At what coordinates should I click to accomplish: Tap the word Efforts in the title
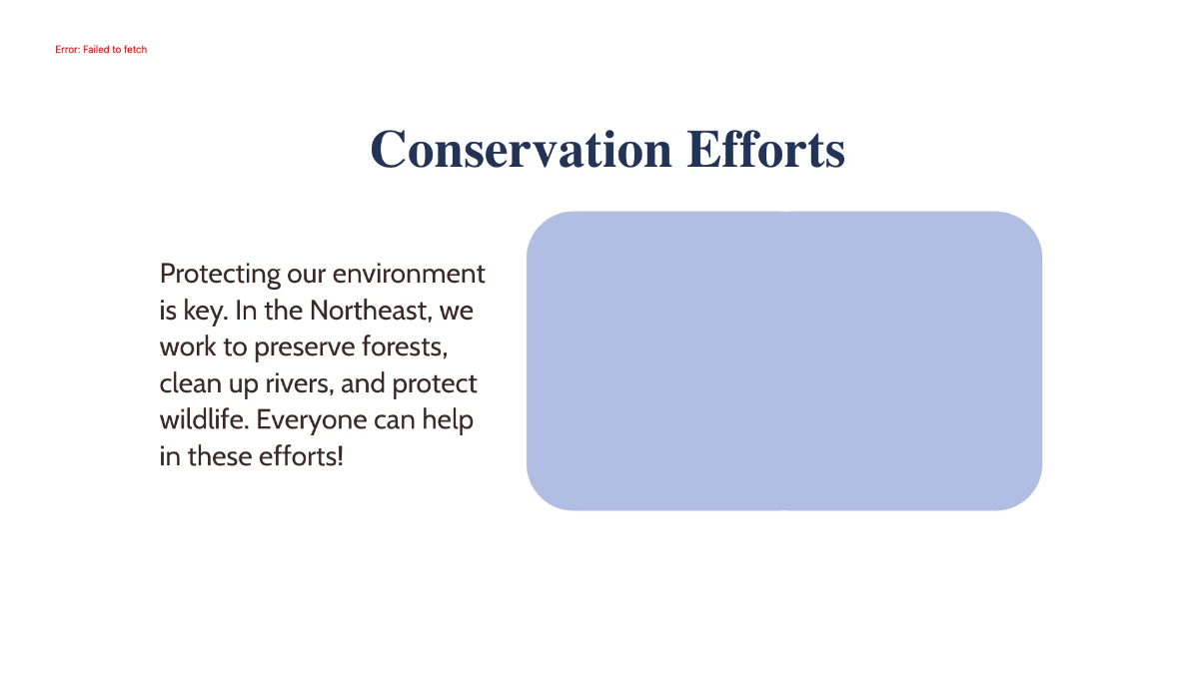(x=765, y=150)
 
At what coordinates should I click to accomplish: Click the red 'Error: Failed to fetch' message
(x=101, y=49)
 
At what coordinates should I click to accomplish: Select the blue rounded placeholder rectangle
(x=783, y=360)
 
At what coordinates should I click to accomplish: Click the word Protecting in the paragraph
(x=220, y=274)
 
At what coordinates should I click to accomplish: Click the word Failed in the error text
(x=100, y=49)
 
